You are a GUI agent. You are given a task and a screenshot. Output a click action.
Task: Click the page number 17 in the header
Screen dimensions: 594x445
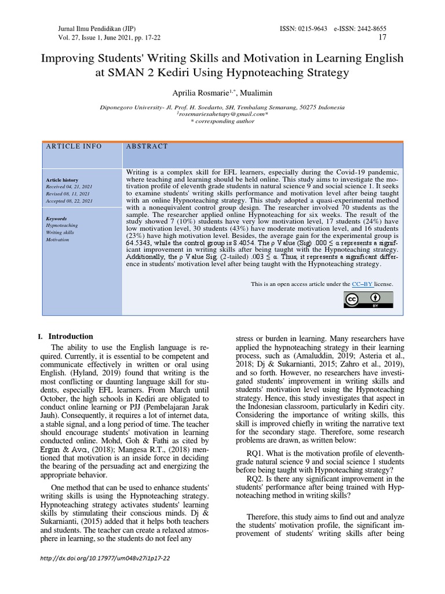pos(382,38)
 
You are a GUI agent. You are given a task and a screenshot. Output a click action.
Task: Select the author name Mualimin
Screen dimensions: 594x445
pos(242,93)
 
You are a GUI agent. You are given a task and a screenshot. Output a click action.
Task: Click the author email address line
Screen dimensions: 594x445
pos(222,114)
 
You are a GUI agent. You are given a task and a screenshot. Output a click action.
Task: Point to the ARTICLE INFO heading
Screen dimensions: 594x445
pos(74,147)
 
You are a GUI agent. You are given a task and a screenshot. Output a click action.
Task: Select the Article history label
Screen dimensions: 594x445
pos(62,180)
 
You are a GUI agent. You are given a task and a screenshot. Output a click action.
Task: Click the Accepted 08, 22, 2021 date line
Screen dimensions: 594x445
pos(69,201)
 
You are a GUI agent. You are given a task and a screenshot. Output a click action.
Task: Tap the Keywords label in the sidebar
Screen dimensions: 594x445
pos(57,219)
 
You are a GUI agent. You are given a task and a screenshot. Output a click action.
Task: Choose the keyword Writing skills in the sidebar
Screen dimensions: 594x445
pos(61,232)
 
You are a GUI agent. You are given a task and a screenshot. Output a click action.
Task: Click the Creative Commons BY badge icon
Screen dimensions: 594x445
pos(368,299)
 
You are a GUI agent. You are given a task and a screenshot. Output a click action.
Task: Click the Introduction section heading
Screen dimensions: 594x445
pos(71,336)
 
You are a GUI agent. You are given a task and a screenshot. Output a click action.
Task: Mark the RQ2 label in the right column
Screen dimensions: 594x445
pos(256,479)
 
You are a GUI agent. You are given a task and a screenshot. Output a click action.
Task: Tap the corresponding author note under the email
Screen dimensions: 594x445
pos(222,121)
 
